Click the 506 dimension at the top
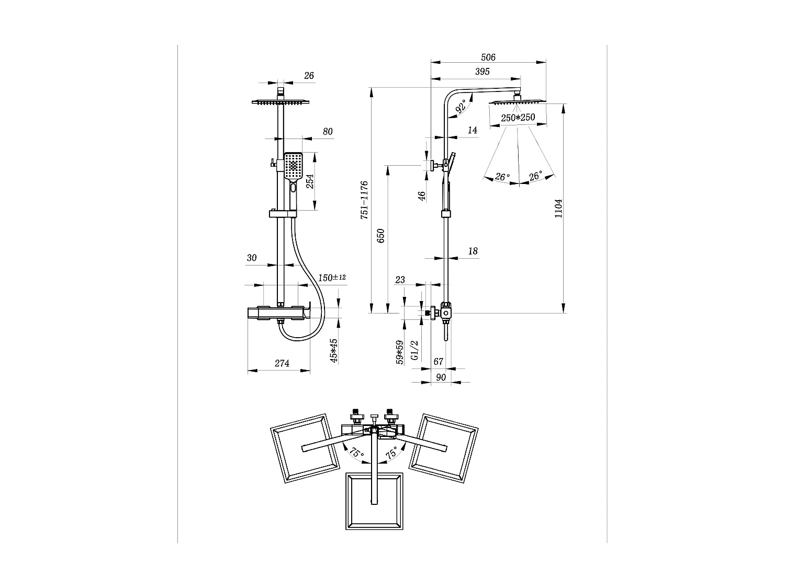[x=488, y=57]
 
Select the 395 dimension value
[x=482, y=72]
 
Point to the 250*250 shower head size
[x=518, y=118]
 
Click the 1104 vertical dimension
[x=558, y=209]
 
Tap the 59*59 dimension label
[x=400, y=352]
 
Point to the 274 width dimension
[x=282, y=363]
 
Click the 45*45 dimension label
[x=334, y=350]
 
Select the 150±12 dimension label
[x=332, y=277]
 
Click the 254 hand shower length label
[x=310, y=181]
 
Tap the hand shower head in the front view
[x=294, y=166]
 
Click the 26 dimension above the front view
[x=309, y=76]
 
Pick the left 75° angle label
[x=357, y=453]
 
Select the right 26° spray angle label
[x=536, y=177]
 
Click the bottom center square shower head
[x=374, y=501]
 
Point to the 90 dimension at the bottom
[x=441, y=377]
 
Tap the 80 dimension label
[x=328, y=132]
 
